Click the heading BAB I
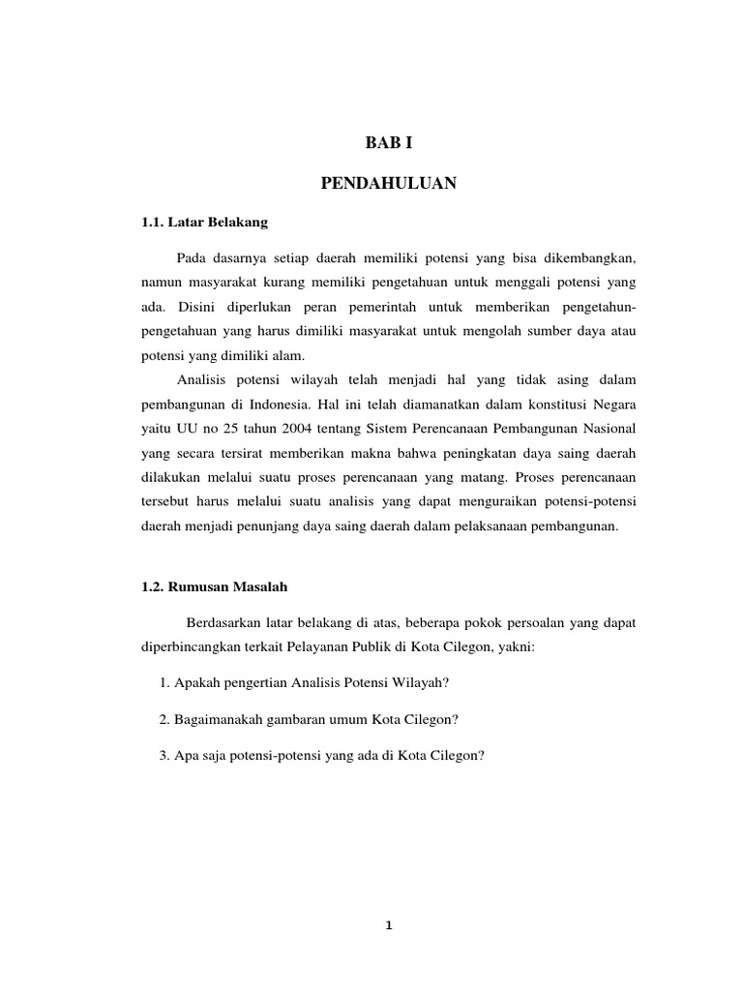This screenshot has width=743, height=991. (388, 143)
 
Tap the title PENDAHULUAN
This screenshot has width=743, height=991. (388, 183)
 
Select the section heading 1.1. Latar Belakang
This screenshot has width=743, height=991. (203, 222)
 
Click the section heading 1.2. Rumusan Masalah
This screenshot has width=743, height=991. (214, 587)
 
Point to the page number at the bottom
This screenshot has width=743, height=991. (388, 925)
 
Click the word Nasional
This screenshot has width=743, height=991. (606, 427)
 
